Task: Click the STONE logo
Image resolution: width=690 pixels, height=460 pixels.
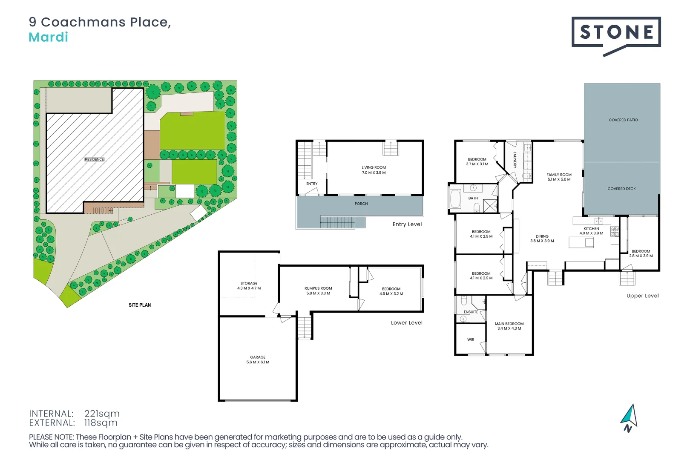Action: coord(616,33)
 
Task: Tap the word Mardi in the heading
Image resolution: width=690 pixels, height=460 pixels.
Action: coord(48,37)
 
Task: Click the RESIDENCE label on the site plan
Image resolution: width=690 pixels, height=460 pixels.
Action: coord(94,159)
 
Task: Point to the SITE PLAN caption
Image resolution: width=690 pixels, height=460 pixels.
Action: coord(140,305)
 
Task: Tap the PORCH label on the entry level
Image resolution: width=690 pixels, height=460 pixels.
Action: coord(361,204)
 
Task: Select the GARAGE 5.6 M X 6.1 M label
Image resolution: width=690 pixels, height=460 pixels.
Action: coord(258,359)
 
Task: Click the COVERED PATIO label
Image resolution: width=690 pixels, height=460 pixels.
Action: coord(623,120)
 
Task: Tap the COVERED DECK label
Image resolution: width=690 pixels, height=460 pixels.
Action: coord(621,189)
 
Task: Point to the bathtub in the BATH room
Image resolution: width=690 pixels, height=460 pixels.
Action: coord(455,199)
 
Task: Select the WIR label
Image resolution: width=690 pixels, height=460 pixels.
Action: coord(471,339)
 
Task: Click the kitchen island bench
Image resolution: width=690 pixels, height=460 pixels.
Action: coord(581,242)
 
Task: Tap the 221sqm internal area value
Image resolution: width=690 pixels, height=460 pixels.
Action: coord(102,414)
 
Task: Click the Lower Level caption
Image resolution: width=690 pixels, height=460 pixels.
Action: coord(406,323)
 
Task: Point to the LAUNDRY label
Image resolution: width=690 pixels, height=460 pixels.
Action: coord(515,160)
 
